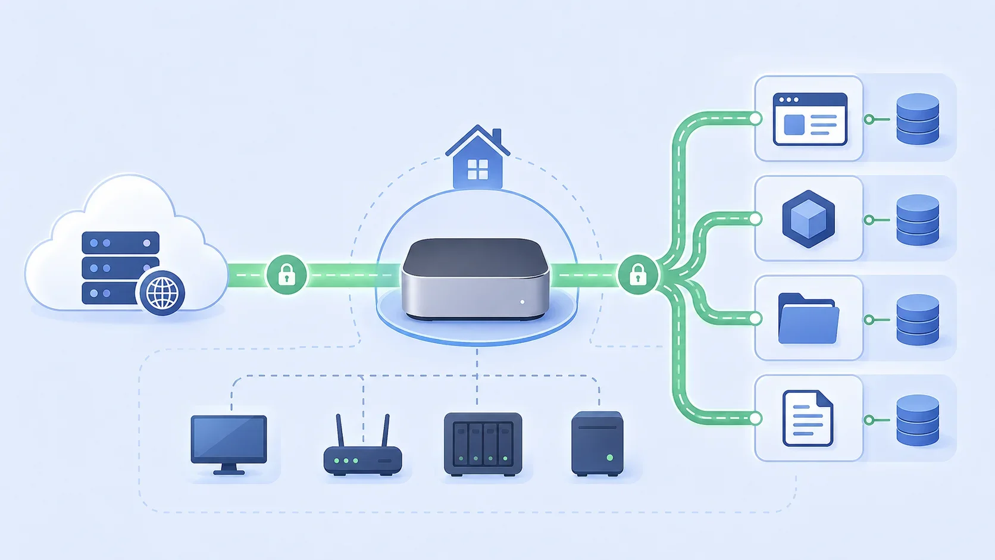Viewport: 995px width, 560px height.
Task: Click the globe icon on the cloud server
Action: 162,292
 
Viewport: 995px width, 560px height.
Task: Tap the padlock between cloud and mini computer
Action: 287,274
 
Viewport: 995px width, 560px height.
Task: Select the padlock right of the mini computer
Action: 638,274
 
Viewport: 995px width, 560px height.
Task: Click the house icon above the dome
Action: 478,157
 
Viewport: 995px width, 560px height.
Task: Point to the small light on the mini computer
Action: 522,302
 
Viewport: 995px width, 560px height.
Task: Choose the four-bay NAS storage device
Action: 483,444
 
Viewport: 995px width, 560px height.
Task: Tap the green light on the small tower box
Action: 609,458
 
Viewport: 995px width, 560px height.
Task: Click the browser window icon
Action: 809,119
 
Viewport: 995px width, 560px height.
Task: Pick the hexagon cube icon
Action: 808,218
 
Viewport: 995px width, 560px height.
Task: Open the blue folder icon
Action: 808,319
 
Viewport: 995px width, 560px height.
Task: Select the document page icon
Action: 808,418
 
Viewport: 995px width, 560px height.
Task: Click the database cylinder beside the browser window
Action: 918,119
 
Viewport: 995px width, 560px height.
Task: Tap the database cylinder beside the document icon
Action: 918,420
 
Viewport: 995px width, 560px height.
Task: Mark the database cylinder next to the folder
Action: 918,320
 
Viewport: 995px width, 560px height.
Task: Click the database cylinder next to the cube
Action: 918,220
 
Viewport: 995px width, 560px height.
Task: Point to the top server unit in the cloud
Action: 120,243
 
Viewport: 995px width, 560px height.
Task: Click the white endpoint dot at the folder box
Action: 756,318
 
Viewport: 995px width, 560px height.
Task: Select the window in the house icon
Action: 478,170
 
